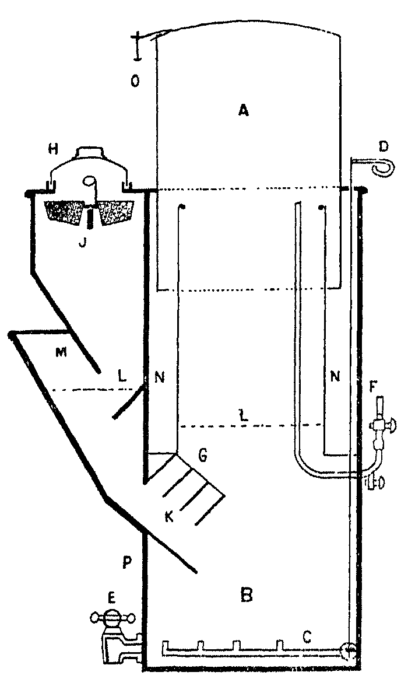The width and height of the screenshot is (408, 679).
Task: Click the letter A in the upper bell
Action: click(x=244, y=110)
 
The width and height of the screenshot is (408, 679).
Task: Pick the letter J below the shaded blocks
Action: click(x=82, y=243)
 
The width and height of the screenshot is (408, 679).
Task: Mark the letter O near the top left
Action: click(x=135, y=82)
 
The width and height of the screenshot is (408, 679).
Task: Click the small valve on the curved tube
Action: click(x=374, y=482)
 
